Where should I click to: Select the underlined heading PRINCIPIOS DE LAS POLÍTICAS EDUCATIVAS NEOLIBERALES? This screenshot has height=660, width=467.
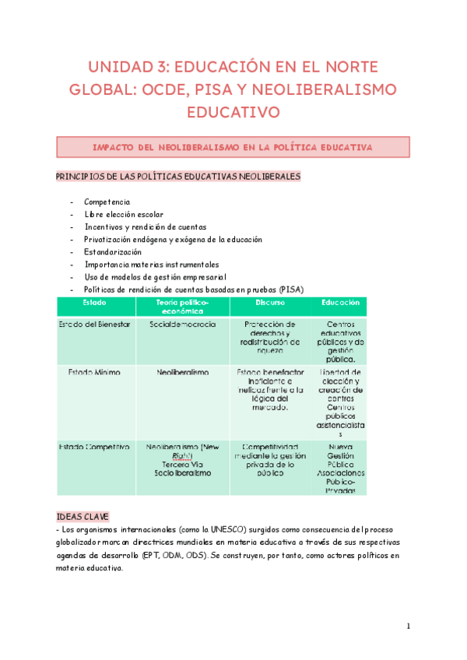[x=177, y=177]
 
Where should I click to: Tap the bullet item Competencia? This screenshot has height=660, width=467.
[x=107, y=202]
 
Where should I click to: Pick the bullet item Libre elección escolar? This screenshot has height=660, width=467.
[x=124, y=214]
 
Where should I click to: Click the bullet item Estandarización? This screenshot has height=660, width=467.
[x=113, y=252]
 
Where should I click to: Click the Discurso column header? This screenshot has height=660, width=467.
[x=270, y=302]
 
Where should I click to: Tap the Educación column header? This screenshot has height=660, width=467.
[x=340, y=302]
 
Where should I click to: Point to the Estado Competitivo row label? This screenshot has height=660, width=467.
[x=94, y=447]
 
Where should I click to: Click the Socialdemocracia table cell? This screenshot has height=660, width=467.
[x=182, y=324]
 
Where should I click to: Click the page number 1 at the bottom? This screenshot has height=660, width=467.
[x=408, y=627]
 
